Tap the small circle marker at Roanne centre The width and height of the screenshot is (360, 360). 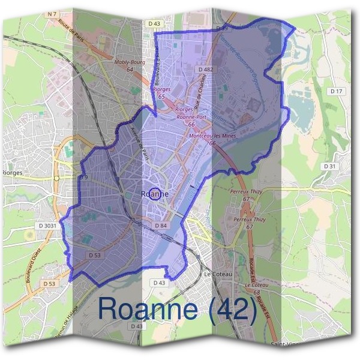coord(155,194)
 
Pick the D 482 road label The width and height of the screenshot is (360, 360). coord(206,70)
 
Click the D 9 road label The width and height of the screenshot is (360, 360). coord(83,178)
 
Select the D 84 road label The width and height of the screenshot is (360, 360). coord(160,225)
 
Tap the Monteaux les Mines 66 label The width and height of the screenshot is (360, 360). coord(212,139)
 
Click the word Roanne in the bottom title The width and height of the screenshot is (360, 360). coord(147,309)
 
